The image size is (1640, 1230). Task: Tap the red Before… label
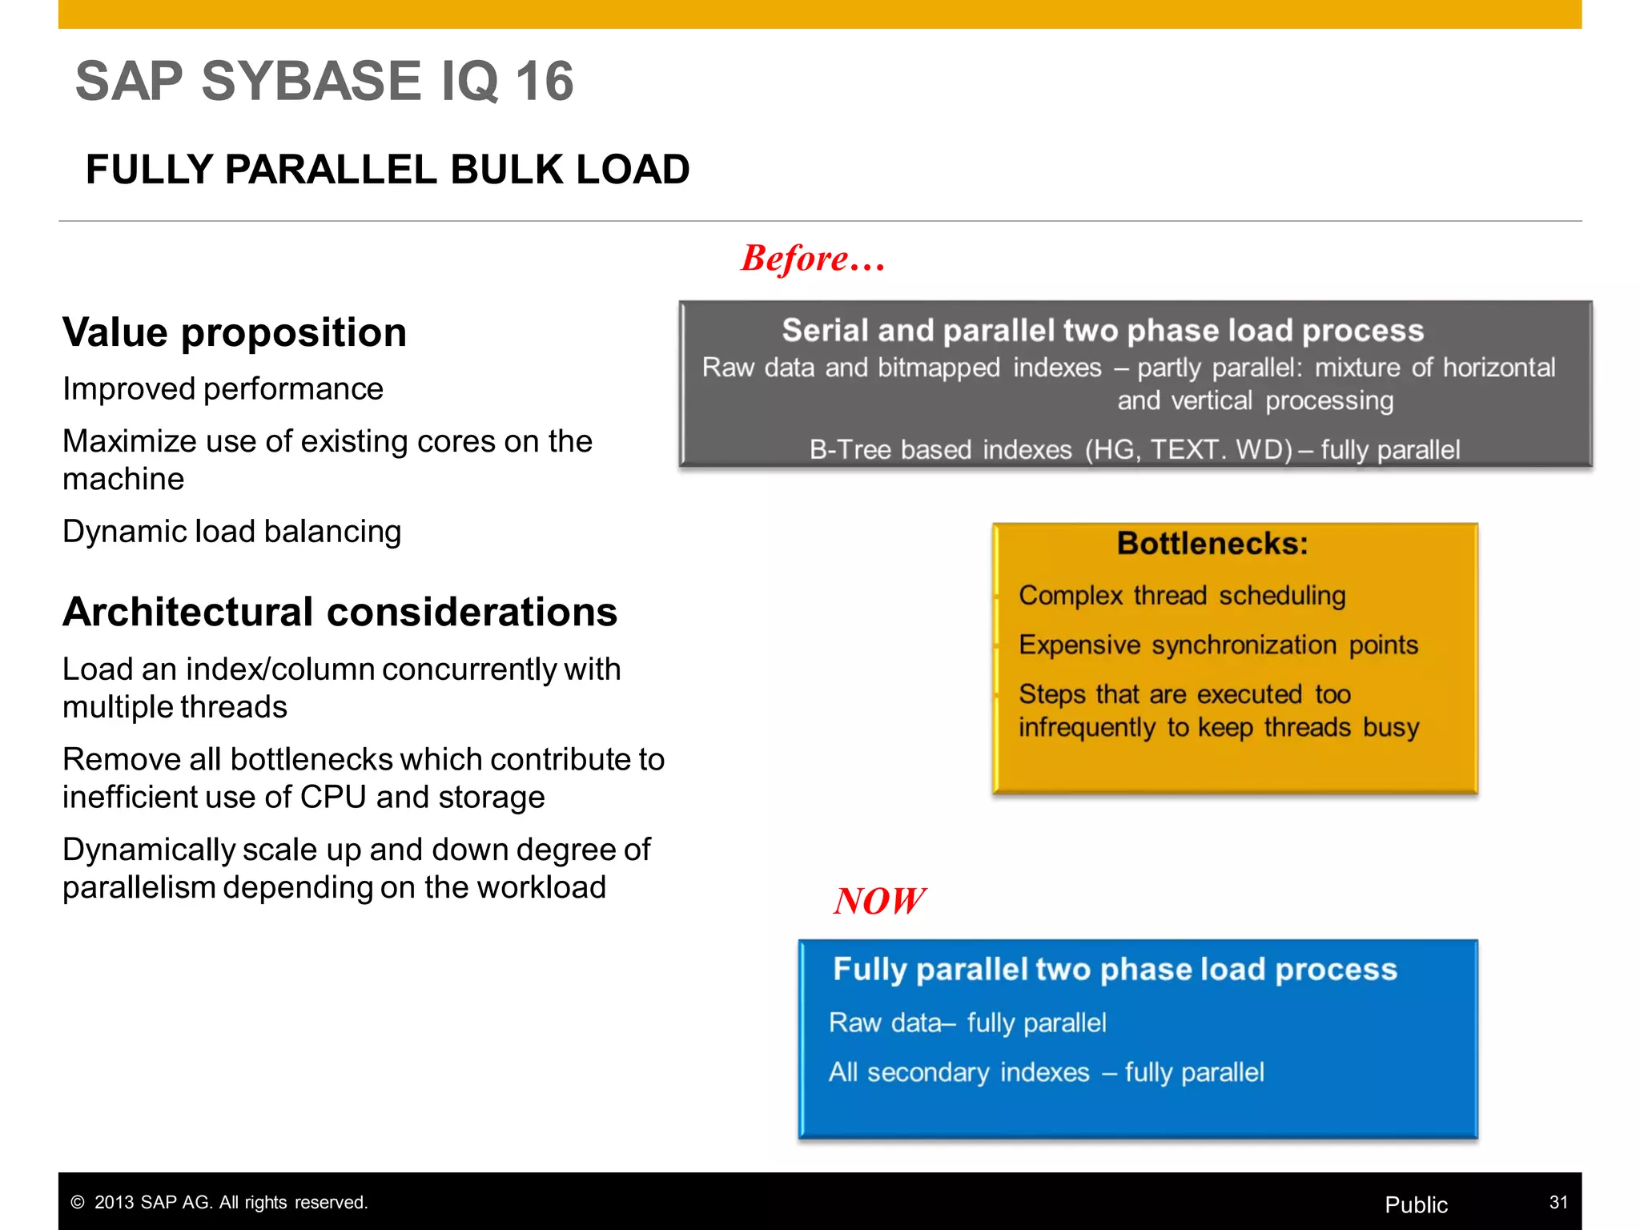812,259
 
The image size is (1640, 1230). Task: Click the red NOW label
878,901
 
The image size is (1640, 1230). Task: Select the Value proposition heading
235,332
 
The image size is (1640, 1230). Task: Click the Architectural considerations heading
340,612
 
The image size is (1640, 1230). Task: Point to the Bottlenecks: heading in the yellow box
1212,544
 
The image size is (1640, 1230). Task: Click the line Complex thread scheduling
1181,596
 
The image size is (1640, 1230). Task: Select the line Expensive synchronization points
1217,645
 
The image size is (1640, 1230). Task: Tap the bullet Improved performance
223,389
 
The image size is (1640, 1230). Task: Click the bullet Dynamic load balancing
231,532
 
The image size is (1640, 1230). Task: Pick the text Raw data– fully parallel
967,1023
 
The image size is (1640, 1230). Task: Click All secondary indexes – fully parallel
1046,1072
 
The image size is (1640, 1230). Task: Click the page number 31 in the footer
1558,1202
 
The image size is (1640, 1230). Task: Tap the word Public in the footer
1415,1204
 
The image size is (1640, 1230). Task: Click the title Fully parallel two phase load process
1114,970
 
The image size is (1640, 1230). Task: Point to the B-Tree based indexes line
1134,450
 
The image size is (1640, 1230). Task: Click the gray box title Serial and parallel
1102,331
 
